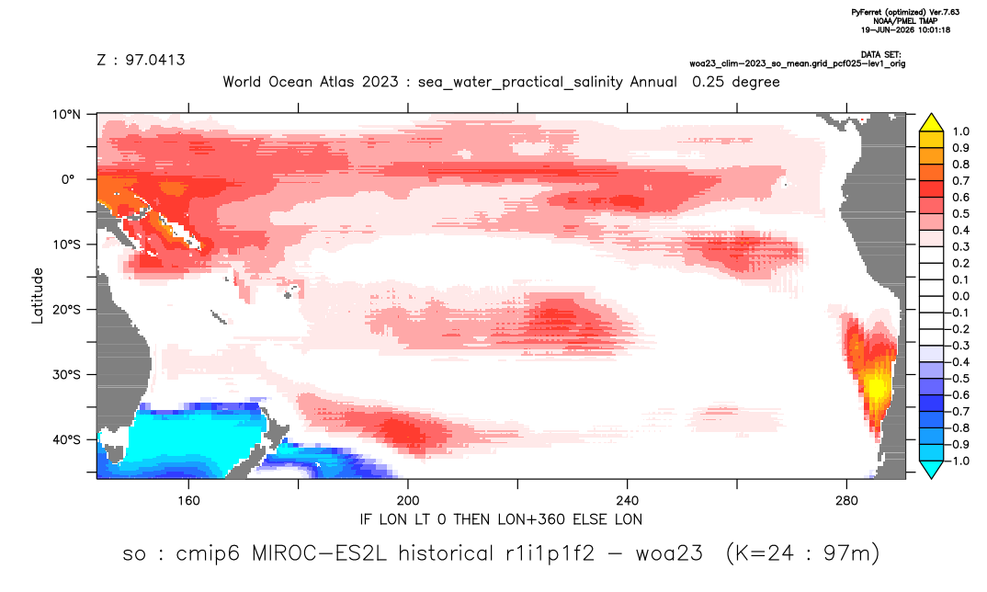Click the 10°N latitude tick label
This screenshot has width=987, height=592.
66,115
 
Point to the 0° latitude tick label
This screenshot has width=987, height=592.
68,179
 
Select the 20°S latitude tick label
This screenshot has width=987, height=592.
66,310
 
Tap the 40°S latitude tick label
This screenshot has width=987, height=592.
66,439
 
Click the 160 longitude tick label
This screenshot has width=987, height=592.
188,501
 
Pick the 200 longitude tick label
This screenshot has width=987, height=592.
408,501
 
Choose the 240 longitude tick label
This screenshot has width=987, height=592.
628,501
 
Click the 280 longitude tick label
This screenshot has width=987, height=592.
846,501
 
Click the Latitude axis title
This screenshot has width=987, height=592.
38,296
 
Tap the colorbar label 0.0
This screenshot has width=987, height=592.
960,296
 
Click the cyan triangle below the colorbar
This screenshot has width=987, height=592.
931,469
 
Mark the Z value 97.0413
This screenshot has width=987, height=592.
154,60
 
